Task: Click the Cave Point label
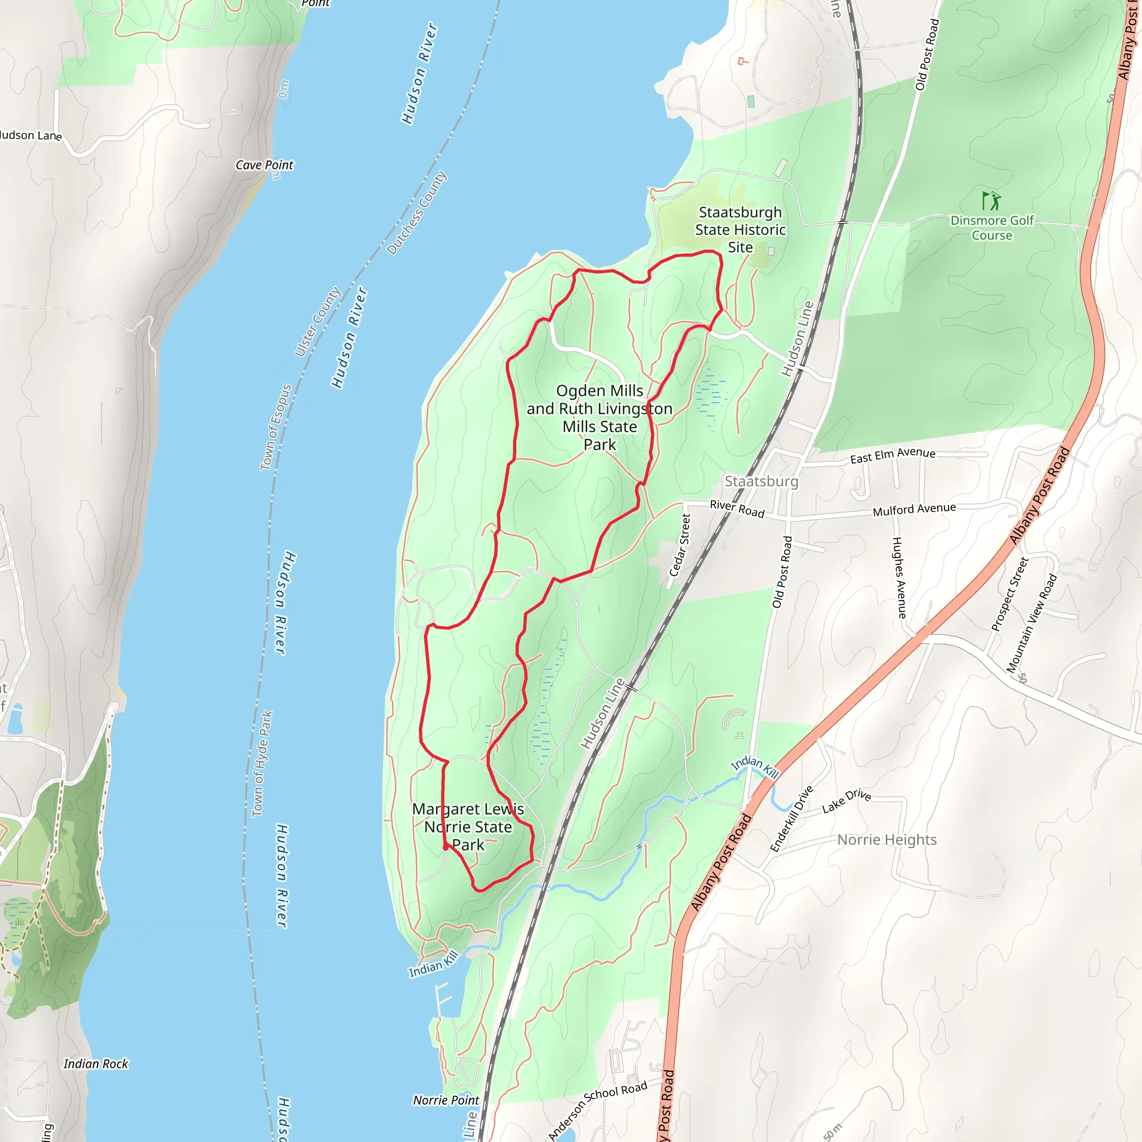pyautogui.click(x=264, y=166)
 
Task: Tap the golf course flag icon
pyautogui.click(x=991, y=201)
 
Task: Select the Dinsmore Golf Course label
pyautogui.click(x=992, y=228)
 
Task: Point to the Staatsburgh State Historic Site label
pyautogui.click(x=740, y=230)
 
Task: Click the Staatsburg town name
pyautogui.click(x=761, y=482)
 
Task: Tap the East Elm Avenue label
pyautogui.click(x=893, y=456)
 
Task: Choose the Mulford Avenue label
pyautogui.click(x=914, y=510)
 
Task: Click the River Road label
pyautogui.click(x=737, y=509)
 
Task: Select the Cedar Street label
pyautogui.click(x=680, y=545)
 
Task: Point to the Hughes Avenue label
pyautogui.click(x=898, y=578)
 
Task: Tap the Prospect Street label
pyautogui.click(x=1010, y=594)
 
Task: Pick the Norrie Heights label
pyautogui.click(x=887, y=840)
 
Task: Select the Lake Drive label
pyautogui.click(x=846, y=801)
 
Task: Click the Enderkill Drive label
pyautogui.click(x=791, y=819)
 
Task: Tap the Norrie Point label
pyautogui.click(x=446, y=1101)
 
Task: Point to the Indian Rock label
pyautogui.click(x=96, y=1064)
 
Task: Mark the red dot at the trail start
pyautogui.click(x=446, y=848)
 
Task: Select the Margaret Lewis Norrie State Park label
pyautogui.click(x=468, y=827)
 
